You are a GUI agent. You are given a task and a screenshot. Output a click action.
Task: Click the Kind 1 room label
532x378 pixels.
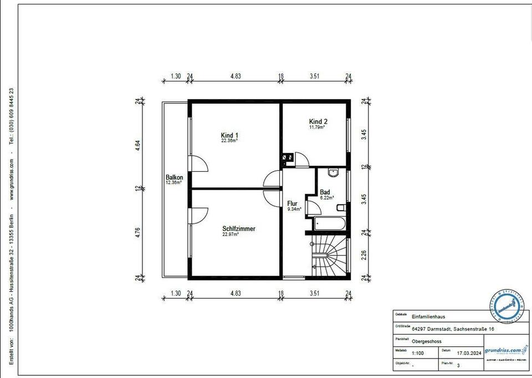click(x=229, y=136)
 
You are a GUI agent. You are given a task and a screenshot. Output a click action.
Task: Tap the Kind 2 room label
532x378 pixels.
click(x=319, y=121)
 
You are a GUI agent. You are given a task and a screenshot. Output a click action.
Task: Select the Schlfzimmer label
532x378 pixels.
click(x=239, y=228)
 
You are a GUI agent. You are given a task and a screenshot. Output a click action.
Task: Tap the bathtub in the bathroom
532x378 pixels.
click(x=329, y=224)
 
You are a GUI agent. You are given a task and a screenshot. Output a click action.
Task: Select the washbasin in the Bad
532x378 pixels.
click(x=333, y=173)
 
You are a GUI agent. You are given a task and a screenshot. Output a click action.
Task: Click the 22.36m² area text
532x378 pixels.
click(x=229, y=141)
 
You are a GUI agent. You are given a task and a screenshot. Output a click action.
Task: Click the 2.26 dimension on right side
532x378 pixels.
click(x=364, y=255)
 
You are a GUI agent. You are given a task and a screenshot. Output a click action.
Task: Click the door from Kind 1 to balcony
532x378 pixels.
click(x=198, y=165)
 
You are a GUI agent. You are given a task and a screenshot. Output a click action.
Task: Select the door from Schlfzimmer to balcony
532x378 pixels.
click(x=198, y=215)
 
